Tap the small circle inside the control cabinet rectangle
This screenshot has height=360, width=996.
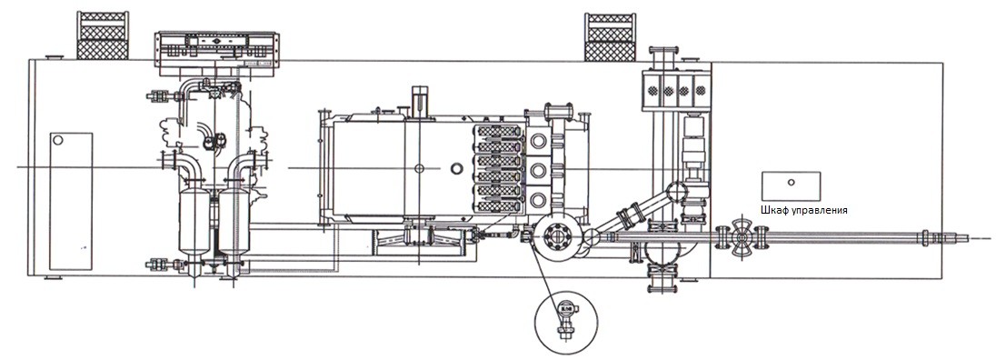pyautogui.click(x=791, y=182)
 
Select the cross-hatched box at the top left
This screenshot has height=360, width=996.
pyautogui.click(x=103, y=35)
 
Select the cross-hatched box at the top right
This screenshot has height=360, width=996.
pyautogui.click(x=610, y=37)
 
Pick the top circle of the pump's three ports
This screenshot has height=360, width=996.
pyautogui.click(x=539, y=140)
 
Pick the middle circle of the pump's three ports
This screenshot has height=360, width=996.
pyautogui.click(x=539, y=169)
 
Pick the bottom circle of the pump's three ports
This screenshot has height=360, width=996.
pyautogui.click(x=539, y=198)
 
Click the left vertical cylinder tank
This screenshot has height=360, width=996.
pyautogui.click(x=194, y=220)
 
